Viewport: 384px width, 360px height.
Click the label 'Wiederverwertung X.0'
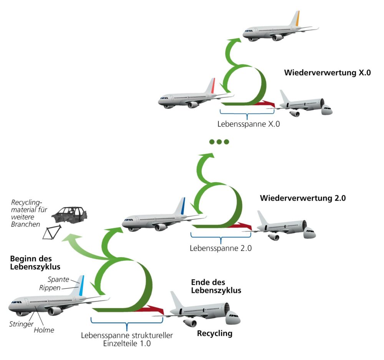click(327, 72)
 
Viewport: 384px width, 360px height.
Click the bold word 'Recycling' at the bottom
click(215, 333)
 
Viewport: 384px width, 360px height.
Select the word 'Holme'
click(43, 330)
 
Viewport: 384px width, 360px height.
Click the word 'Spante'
click(58, 279)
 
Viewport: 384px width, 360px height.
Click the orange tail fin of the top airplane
click(296, 19)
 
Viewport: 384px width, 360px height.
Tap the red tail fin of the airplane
click(212, 86)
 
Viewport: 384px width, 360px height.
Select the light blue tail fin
click(81, 285)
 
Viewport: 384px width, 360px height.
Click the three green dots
click(219, 142)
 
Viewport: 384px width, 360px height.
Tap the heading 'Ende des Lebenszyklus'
click(216, 287)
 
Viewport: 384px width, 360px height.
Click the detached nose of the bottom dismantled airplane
click(233, 318)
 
